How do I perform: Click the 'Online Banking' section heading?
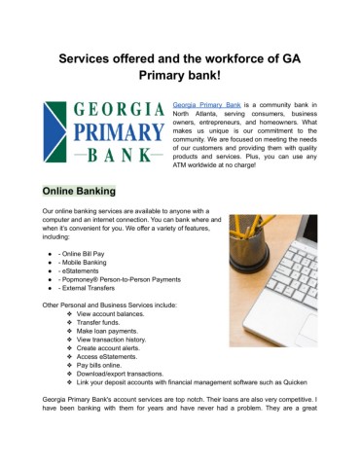[x=78, y=192]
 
